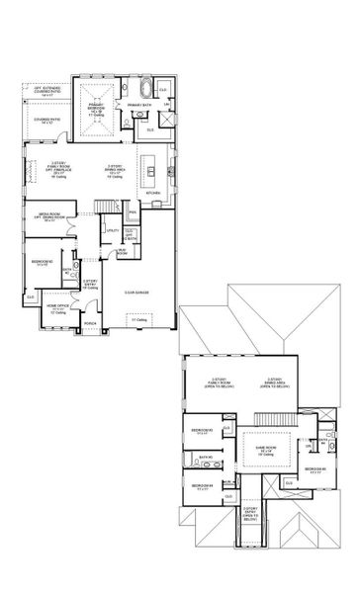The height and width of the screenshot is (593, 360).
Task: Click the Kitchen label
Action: pos(152,195)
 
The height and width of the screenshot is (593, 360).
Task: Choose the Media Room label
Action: pos(51,219)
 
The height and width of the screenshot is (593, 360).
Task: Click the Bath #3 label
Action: pos(205,457)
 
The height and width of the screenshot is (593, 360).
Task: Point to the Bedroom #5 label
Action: pos(316,468)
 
